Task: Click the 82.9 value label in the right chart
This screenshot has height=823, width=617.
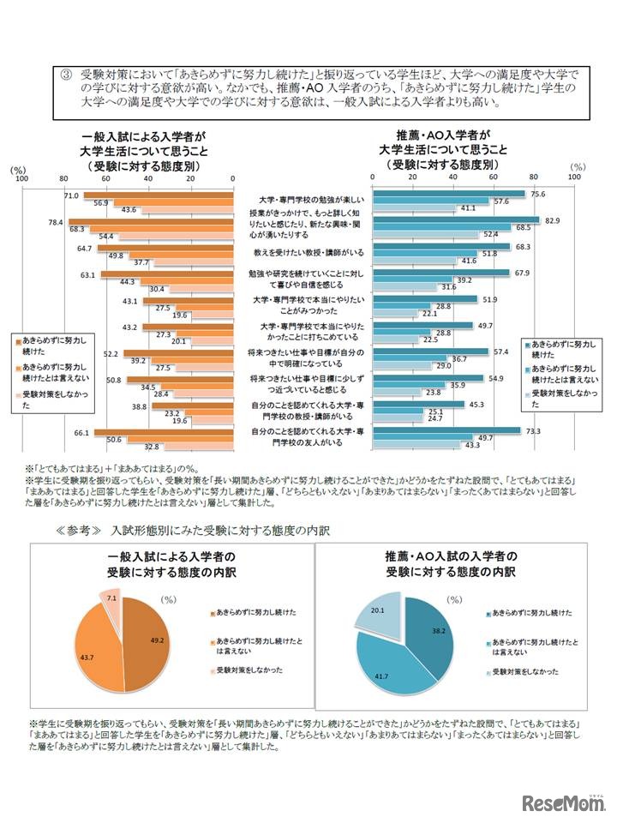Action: (551, 221)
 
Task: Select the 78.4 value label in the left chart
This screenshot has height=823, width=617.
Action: (57, 222)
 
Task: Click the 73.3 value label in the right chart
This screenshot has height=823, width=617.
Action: (532, 430)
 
